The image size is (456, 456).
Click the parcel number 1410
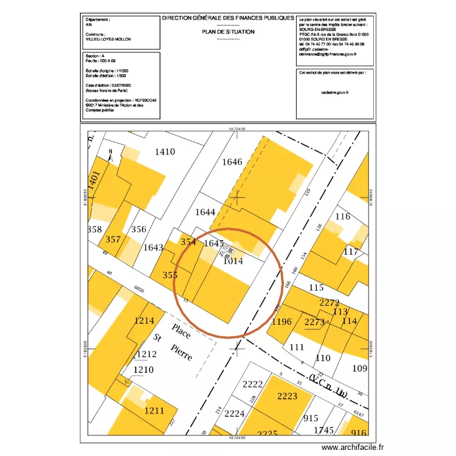(165, 152)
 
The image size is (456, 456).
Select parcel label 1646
(232, 162)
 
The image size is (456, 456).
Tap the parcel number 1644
(206, 212)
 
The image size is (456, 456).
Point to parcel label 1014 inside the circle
(233, 261)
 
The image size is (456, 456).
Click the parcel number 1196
(282, 322)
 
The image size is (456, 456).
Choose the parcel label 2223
(287, 396)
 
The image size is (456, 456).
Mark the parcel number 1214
(145, 320)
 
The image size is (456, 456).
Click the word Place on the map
(181, 332)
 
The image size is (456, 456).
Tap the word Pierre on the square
(182, 352)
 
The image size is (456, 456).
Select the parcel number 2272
(329, 303)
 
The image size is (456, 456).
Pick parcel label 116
(343, 217)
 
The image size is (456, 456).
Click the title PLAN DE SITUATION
(228, 32)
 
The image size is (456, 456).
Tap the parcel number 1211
(154, 411)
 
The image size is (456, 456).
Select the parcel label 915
(311, 418)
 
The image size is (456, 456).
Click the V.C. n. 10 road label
(328, 386)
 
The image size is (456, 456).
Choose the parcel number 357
(113, 240)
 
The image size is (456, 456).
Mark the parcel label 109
(360, 368)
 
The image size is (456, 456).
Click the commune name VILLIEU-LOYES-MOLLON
(108, 39)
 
